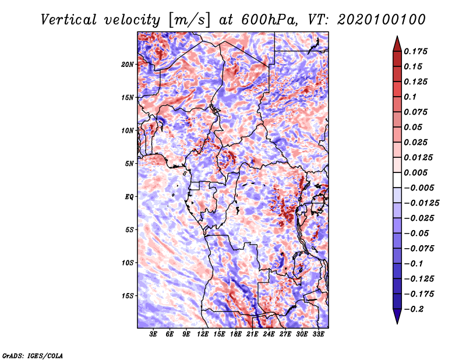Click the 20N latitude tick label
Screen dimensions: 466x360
click(x=128, y=65)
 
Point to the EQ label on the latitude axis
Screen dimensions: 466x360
click(x=129, y=197)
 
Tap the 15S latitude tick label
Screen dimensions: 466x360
click(x=128, y=296)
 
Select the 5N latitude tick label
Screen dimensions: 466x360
click(x=129, y=164)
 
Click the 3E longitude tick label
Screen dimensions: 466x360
click(x=153, y=334)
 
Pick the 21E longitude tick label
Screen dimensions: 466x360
click(x=252, y=334)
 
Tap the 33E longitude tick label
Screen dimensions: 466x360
click(x=318, y=334)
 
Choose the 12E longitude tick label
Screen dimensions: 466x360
click(x=203, y=334)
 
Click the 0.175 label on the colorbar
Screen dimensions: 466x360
click(x=415, y=51)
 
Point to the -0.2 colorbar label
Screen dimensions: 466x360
click(x=414, y=309)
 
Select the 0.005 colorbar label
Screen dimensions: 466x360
click(x=415, y=172)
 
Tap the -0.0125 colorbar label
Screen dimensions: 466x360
click(x=421, y=203)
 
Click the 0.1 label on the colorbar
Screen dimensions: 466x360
click(x=410, y=97)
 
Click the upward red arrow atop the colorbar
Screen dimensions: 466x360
click(x=397, y=44)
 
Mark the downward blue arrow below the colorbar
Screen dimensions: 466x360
click(x=397, y=316)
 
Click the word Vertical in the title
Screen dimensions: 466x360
click(x=69, y=20)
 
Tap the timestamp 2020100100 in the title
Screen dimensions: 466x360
click(x=382, y=20)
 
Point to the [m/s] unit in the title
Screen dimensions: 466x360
click(x=189, y=20)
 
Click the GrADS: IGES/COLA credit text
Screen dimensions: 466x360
click(x=33, y=356)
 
